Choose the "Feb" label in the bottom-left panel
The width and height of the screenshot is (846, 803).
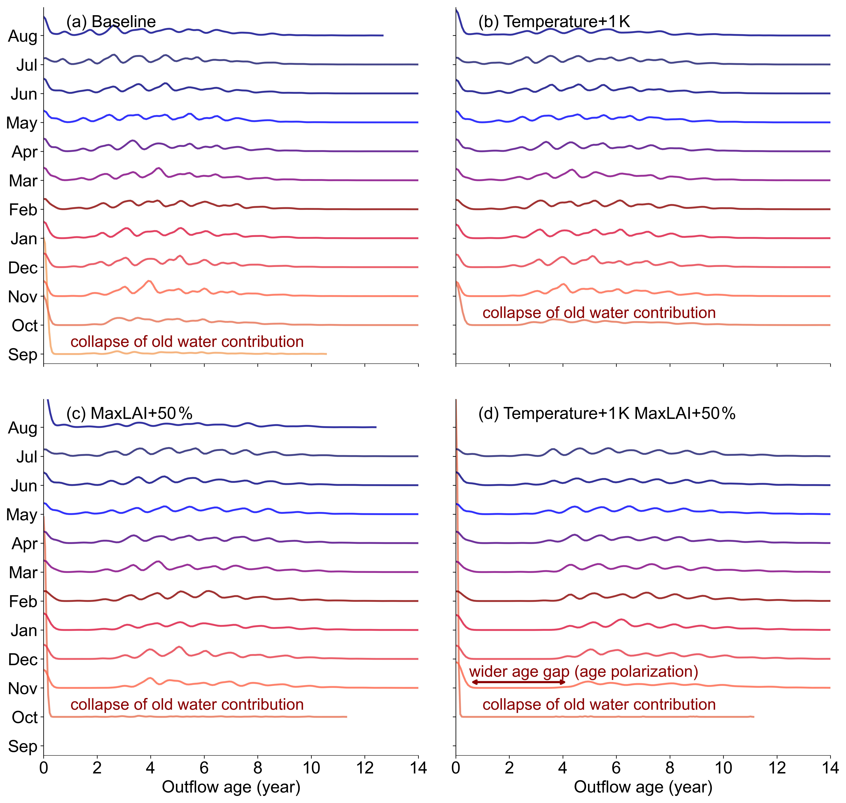tap(23, 601)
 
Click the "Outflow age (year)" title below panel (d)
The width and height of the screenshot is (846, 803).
tap(643, 787)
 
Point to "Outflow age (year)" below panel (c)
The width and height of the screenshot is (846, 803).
tap(231, 787)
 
